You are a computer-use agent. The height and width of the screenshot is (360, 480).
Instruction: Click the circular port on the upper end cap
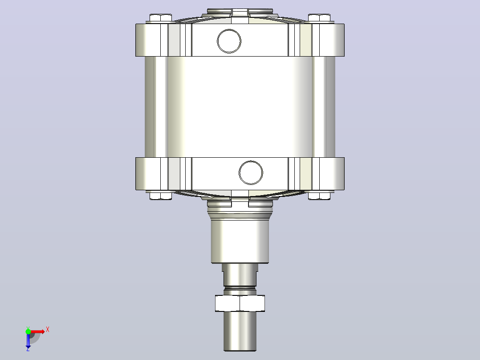(x=229, y=41)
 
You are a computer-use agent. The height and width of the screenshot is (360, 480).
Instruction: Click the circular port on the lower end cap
(x=251, y=172)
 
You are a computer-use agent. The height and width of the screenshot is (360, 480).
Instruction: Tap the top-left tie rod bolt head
(x=161, y=18)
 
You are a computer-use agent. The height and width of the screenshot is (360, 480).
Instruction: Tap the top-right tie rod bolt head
(x=319, y=18)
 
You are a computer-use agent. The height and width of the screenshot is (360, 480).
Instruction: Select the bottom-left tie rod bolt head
(x=161, y=196)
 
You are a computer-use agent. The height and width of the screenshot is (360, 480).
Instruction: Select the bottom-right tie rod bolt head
(x=319, y=196)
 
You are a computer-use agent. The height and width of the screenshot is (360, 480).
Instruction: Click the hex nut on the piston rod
(x=240, y=303)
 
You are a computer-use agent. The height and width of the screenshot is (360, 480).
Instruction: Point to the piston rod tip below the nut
(x=240, y=331)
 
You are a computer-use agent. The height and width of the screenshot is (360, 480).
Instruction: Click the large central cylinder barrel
(x=240, y=107)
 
